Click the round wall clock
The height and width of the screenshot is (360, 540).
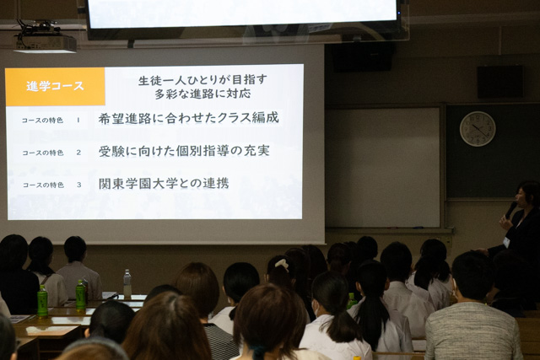pos(478,129)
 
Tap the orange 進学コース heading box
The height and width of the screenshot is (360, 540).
pos(55,86)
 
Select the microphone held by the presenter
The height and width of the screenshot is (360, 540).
pos(510,210)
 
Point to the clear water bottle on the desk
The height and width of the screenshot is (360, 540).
pos(127,283)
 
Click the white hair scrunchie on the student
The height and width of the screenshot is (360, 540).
pos(283,264)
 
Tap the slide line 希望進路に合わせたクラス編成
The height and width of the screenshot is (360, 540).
pos(188,118)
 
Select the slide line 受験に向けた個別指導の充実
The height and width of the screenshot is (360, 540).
pos(184,151)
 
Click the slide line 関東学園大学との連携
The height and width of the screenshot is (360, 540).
pos(164,183)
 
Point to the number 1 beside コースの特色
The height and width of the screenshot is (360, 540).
pos(78,120)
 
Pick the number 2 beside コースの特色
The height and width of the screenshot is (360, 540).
pos(78,152)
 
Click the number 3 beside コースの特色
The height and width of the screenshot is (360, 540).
pos(78,185)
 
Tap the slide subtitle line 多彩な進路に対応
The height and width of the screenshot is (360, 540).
pos(202,94)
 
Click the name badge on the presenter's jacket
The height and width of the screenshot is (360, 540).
pos(506,242)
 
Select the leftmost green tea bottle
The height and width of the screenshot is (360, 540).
pos(42,301)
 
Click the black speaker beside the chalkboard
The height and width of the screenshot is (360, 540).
pos(500,82)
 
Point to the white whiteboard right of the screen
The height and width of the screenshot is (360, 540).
pos(382,167)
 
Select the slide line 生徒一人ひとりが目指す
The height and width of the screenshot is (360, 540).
pos(202,80)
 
